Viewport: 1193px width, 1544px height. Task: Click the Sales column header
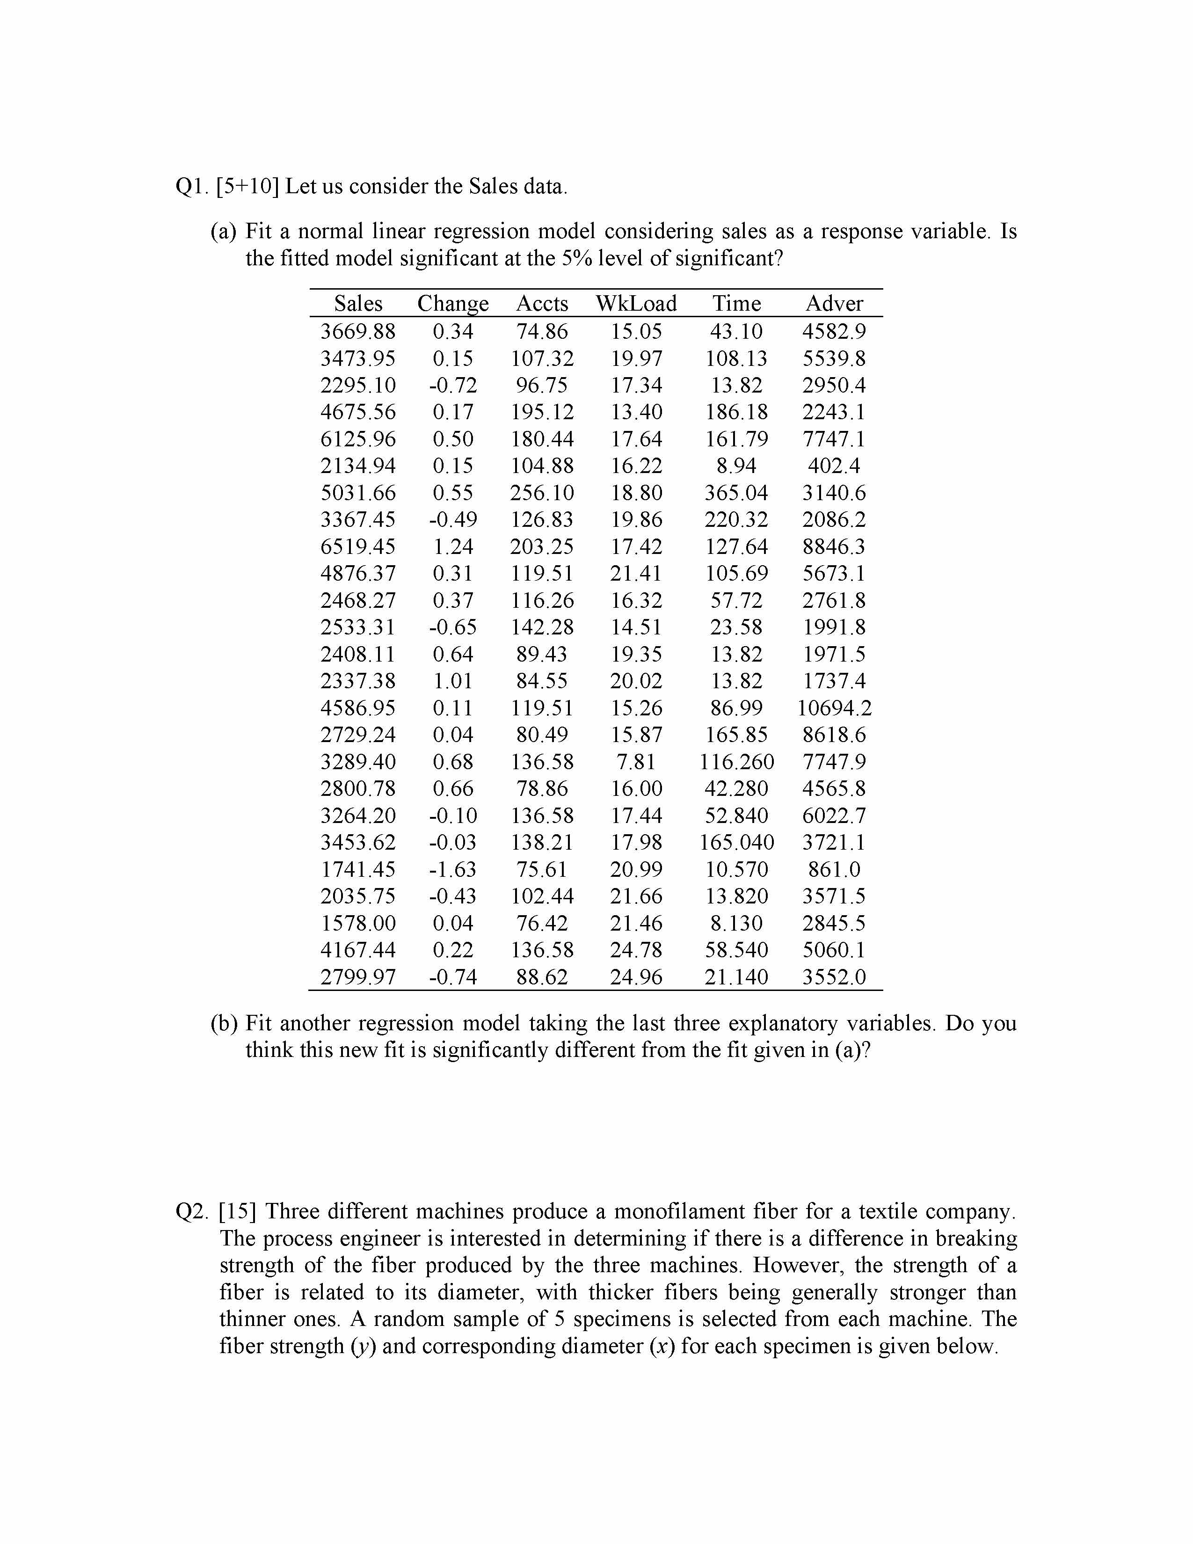pyautogui.click(x=358, y=303)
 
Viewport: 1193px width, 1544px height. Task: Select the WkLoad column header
pyautogui.click(x=636, y=303)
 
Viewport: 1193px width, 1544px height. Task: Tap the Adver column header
pyautogui.click(x=834, y=303)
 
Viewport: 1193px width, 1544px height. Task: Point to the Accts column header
pyautogui.click(x=542, y=303)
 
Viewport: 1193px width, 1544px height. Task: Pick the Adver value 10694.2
pyautogui.click(x=834, y=707)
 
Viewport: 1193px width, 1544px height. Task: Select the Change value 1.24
pyautogui.click(x=453, y=546)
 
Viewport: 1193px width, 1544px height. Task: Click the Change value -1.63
pyautogui.click(x=453, y=869)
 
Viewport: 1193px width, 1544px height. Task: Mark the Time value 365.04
pyautogui.click(x=736, y=493)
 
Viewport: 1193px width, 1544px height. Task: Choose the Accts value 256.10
pyautogui.click(x=542, y=493)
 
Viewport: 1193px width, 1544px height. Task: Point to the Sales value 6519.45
pyautogui.click(x=358, y=546)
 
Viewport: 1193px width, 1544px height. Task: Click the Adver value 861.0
pyautogui.click(x=834, y=869)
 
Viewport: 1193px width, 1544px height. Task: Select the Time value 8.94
pyautogui.click(x=736, y=466)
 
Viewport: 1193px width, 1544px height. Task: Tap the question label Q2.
pyautogui.click(x=191, y=1212)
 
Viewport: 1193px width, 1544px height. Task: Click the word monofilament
pyautogui.click(x=664, y=1212)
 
